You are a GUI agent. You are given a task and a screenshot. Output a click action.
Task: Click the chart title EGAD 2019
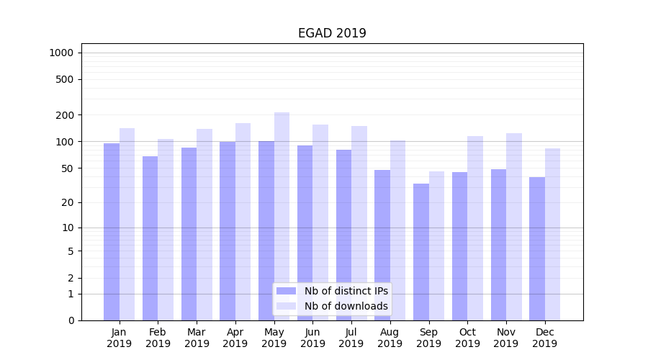click(x=332, y=33)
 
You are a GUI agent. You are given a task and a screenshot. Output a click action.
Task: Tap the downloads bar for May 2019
click(x=282, y=216)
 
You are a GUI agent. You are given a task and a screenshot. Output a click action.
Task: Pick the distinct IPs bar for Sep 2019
click(x=421, y=252)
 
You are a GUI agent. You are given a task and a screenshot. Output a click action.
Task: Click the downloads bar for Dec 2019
click(x=552, y=234)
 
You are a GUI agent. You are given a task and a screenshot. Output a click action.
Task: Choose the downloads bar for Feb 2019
click(x=166, y=230)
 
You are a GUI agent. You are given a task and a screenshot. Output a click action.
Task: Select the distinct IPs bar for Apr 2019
click(x=228, y=231)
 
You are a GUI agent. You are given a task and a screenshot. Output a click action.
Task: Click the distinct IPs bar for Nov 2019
click(x=498, y=245)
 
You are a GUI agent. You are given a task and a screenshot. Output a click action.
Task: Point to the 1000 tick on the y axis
click(x=61, y=53)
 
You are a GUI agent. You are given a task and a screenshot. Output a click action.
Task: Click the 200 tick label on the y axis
click(x=65, y=115)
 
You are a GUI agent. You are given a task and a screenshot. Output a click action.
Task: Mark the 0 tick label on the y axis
click(x=71, y=320)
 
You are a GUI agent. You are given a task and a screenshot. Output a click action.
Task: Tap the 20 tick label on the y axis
click(x=68, y=202)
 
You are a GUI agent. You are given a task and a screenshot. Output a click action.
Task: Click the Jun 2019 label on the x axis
click(x=312, y=338)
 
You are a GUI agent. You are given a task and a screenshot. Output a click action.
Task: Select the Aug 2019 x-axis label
click(x=390, y=338)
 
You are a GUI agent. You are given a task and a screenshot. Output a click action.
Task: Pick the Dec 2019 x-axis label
click(x=544, y=338)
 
